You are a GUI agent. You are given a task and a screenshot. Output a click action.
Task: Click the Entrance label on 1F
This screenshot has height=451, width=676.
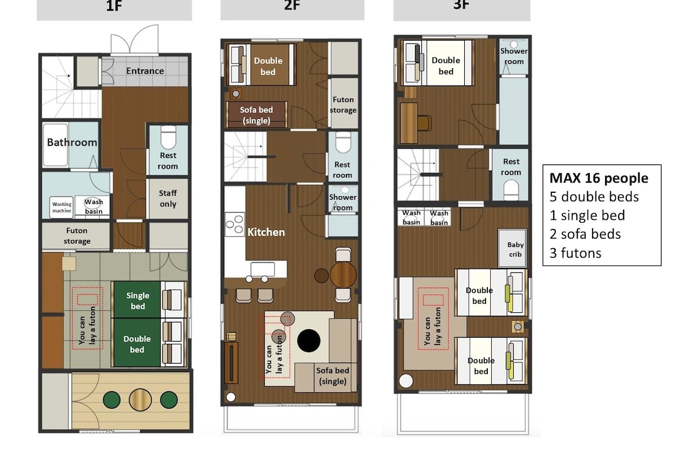(145, 71)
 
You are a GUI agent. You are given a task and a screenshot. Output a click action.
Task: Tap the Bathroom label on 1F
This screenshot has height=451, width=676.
(72, 142)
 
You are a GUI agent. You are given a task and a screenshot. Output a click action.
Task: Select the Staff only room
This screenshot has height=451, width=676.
(167, 198)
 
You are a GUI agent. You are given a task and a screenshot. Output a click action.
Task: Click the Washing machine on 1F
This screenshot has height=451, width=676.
(62, 207)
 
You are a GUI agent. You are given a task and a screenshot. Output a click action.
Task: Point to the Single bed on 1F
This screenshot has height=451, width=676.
(138, 300)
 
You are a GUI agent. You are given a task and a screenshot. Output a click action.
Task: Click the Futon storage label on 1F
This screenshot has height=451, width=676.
(77, 236)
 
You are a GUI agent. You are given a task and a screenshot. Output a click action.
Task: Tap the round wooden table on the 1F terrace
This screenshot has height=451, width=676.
(140, 400)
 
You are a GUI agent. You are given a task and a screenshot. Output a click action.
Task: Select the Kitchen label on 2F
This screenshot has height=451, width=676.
(266, 232)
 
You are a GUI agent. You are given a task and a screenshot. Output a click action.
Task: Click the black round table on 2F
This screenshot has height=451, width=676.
(309, 340)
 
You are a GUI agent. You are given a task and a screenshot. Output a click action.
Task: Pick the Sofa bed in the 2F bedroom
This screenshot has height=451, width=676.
(256, 115)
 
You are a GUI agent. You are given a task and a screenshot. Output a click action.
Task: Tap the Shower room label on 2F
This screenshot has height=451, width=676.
(343, 202)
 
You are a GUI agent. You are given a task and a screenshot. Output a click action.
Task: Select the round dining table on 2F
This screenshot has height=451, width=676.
(343, 275)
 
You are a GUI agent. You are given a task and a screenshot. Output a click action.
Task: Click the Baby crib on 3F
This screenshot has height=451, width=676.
(515, 249)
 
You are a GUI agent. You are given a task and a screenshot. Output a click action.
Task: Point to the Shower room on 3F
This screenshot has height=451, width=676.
(514, 56)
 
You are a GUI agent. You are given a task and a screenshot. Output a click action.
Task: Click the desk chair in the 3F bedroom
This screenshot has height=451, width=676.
(424, 122)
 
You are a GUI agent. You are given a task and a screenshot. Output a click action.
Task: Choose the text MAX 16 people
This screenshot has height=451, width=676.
(598, 179)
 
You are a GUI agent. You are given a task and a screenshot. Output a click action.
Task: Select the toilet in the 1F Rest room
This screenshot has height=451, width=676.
(168, 136)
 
